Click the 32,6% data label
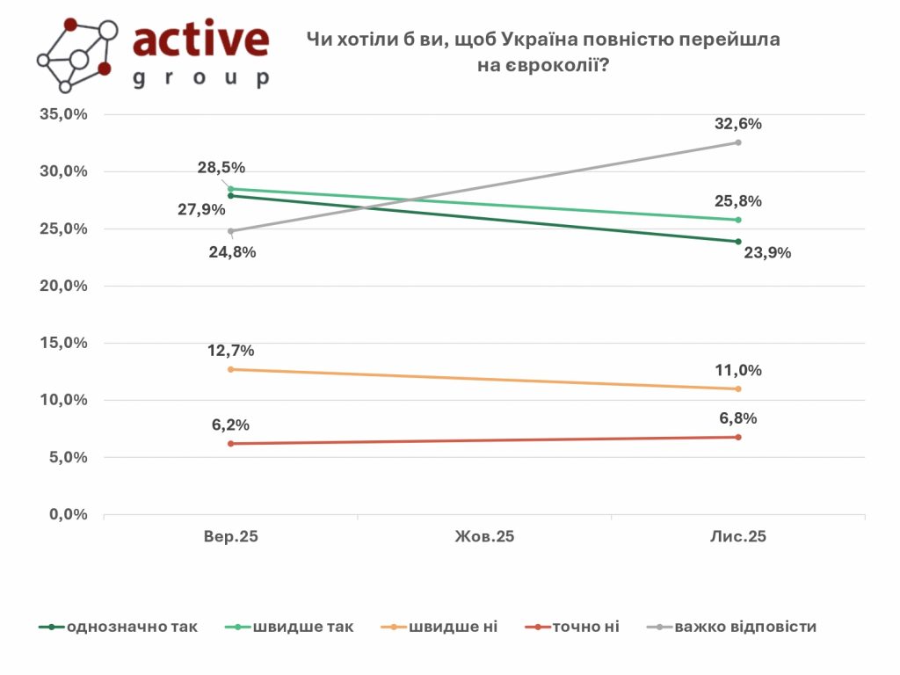click(738, 124)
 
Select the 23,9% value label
click(768, 253)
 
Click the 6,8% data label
click(738, 418)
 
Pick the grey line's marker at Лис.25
click(738, 142)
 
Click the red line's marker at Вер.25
click(230, 444)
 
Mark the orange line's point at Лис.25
click(738, 388)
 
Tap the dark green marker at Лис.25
click(738, 242)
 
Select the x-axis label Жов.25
click(484, 536)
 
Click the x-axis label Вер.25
click(230, 536)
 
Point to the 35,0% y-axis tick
click(62, 115)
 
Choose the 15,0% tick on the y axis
click(62, 344)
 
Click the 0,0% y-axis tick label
click(66, 515)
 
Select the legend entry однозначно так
click(132, 627)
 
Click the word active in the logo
click(200, 40)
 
